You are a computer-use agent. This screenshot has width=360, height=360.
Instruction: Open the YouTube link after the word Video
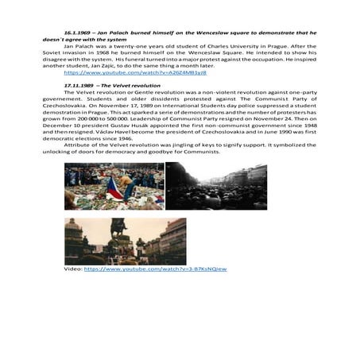click(155, 269)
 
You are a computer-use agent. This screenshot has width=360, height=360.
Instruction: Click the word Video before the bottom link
click(72, 269)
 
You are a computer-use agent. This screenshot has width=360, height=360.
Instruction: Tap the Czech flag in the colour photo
click(116, 189)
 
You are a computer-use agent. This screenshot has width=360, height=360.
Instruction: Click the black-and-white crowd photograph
click(215, 186)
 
